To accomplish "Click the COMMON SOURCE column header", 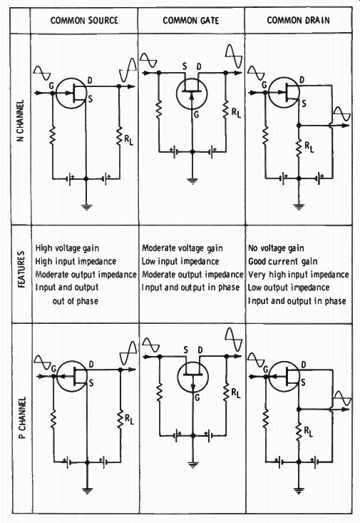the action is [x=84, y=21].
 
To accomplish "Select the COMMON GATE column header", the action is [x=191, y=21].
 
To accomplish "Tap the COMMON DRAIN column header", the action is [x=298, y=20].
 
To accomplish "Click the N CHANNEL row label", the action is [x=21, y=121].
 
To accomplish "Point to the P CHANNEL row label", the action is [x=22, y=417].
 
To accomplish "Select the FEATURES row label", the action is [x=21, y=269].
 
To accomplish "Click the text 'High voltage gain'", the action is [x=67, y=248].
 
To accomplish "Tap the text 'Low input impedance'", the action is [x=180, y=261].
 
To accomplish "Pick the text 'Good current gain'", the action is [x=283, y=261].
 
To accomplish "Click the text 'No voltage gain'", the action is [x=276, y=248].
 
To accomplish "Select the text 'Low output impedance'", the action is [x=289, y=288].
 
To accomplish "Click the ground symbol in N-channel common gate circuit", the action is [x=192, y=181].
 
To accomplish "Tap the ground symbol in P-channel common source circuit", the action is [x=88, y=490].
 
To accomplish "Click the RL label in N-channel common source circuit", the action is [x=128, y=140].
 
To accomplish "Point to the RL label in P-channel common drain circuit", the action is [x=309, y=432].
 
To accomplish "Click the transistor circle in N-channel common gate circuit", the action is [x=192, y=93].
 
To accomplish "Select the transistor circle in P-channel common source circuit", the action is [x=72, y=376].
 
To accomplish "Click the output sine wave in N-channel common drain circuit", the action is [x=342, y=114].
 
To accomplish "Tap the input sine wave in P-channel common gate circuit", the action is [x=150, y=345].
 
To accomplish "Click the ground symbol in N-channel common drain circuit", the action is [x=299, y=207].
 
